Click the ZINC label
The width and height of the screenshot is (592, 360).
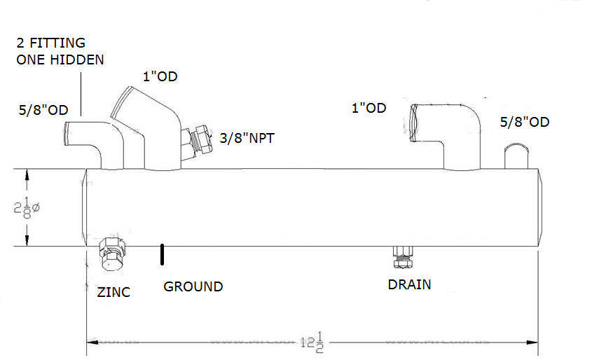click(x=113, y=292)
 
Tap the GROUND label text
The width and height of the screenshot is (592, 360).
click(x=193, y=286)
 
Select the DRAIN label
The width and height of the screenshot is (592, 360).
click(x=409, y=285)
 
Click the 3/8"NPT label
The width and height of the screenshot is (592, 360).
click(x=247, y=139)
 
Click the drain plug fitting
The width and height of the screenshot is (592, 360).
click(x=401, y=256)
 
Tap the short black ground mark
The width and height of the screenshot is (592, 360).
click(x=163, y=254)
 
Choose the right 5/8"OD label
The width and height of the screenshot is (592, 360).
click(x=525, y=123)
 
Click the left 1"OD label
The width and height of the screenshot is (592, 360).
click(x=160, y=76)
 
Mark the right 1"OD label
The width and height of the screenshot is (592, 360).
click(x=369, y=108)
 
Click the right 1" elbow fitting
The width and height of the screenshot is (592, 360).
click(x=448, y=133)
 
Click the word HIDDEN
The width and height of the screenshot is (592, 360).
click(x=78, y=60)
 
